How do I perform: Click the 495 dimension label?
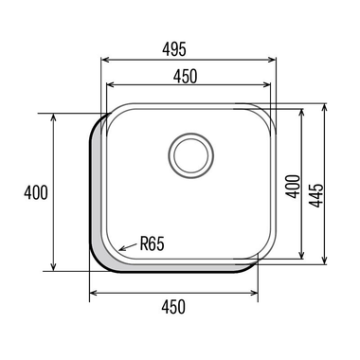click(174, 49)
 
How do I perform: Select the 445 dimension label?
click(316, 195)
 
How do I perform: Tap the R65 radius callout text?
click(153, 244)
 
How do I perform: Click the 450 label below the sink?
click(173, 307)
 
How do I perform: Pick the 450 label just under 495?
click(186, 76)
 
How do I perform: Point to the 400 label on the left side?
click(36, 192)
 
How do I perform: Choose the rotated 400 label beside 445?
click(293, 187)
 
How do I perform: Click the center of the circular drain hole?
click(191, 155)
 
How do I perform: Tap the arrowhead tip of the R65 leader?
click(118, 250)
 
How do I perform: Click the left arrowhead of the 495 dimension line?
click(102, 60)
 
